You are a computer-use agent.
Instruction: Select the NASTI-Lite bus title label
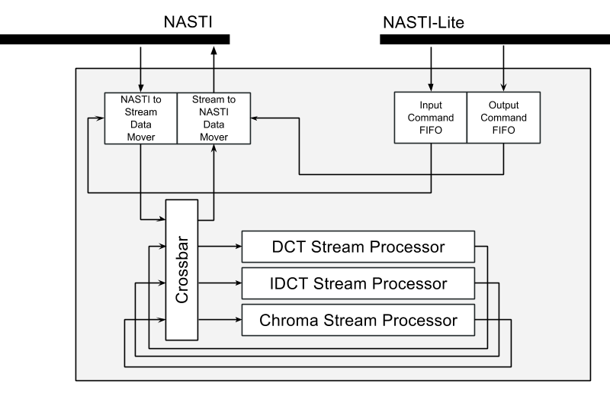click(422, 23)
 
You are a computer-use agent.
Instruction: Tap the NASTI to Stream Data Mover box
click(141, 118)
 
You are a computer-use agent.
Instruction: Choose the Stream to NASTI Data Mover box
click(213, 118)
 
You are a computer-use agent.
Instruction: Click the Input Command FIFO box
click(430, 118)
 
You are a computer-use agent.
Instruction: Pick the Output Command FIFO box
click(502, 118)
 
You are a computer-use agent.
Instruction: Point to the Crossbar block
click(182, 270)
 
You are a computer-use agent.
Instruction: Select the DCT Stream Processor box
click(358, 247)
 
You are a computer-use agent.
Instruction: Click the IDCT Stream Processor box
click(358, 284)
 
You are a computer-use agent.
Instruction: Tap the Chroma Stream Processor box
click(358, 320)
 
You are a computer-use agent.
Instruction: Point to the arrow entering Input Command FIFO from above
click(431, 69)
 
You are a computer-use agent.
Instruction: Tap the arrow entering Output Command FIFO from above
click(503, 69)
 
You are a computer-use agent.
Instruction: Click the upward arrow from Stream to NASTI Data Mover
click(213, 69)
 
